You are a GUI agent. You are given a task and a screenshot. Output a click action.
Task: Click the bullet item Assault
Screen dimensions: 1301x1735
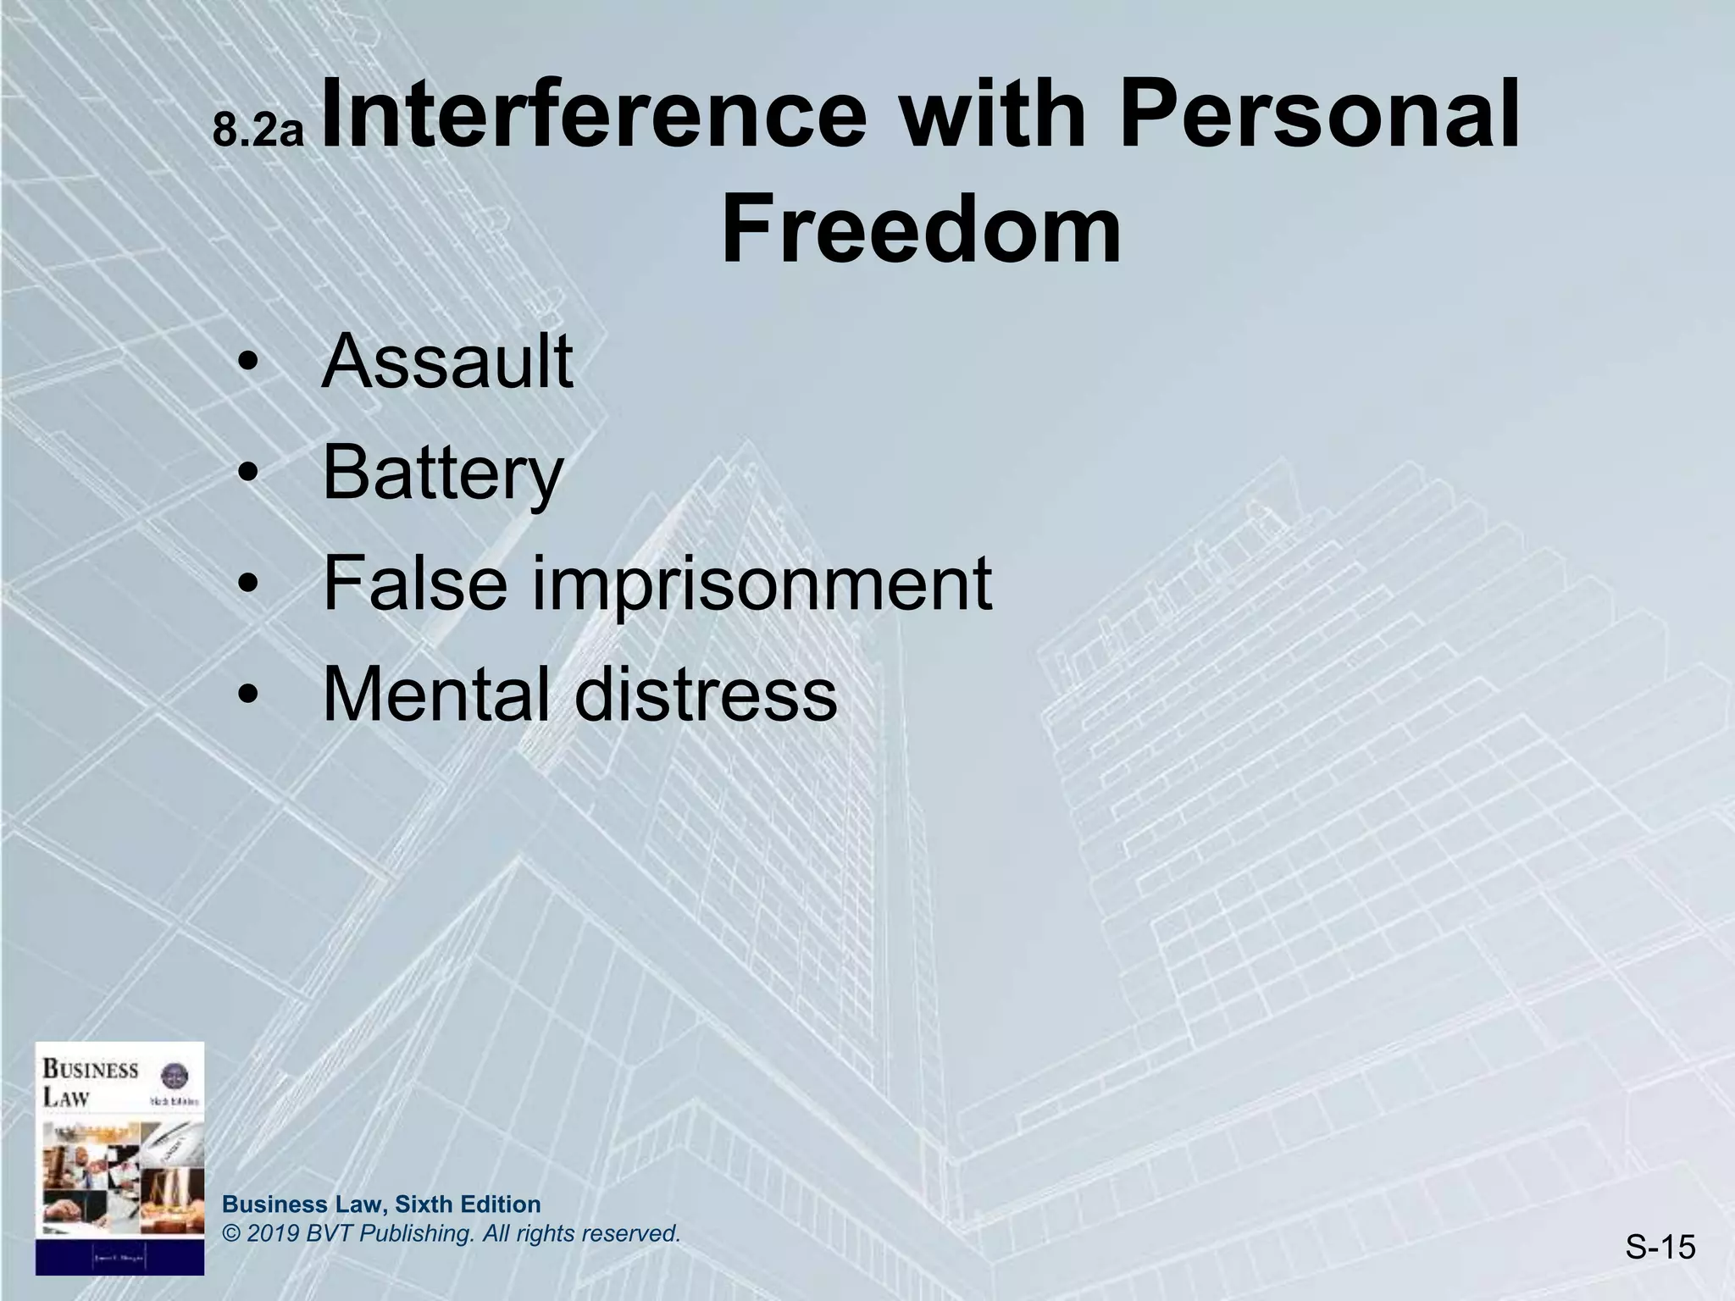pyautogui.click(x=447, y=362)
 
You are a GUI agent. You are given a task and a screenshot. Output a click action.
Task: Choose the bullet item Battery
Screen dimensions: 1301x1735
pyautogui.click(x=442, y=474)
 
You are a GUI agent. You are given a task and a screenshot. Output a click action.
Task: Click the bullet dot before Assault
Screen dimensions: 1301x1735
pyautogui.click(x=247, y=366)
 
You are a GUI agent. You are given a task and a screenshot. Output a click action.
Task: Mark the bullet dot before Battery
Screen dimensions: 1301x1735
pyautogui.click(x=247, y=476)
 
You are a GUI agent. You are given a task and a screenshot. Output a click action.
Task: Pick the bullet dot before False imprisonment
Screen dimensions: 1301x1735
pyautogui.click(x=247, y=586)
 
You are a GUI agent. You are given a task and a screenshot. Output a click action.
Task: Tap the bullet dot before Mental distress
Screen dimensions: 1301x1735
pyautogui.click(x=247, y=696)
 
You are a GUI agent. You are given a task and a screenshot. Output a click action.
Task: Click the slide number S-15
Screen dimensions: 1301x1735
pyautogui.click(x=1660, y=1247)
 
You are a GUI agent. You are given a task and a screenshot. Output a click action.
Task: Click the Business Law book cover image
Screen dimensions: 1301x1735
pyautogui.click(x=119, y=1158)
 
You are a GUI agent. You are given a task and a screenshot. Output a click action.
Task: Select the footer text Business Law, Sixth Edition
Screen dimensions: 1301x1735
pyautogui.click(x=381, y=1204)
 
